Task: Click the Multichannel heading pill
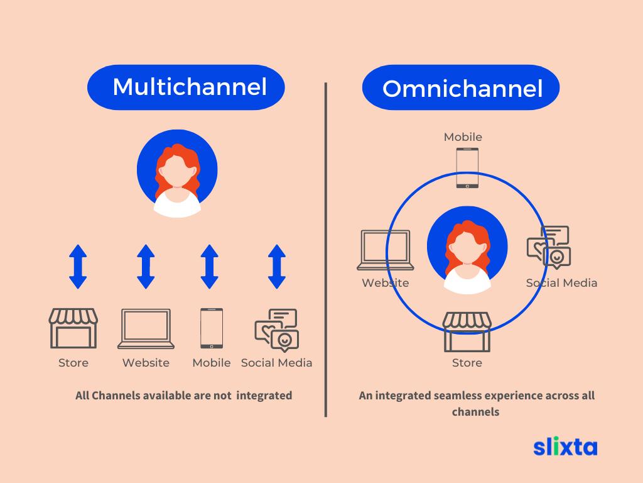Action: click(186, 87)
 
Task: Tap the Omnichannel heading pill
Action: click(461, 87)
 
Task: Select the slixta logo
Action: click(565, 447)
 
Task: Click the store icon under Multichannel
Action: click(73, 328)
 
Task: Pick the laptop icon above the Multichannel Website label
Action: click(146, 329)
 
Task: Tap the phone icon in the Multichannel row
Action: click(212, 328)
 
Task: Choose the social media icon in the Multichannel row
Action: click(277, 330)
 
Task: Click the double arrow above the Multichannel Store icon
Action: click(78, 267)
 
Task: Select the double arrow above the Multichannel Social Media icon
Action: click(277, 267)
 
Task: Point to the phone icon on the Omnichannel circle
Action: click(467, 168)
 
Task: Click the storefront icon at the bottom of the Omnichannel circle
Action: click(467, 332)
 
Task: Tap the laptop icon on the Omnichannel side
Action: click(386, 250)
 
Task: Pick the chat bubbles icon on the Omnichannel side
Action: click(549, 247)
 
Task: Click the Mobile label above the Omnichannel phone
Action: click(463, 136)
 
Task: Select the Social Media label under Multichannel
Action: click(277, 363)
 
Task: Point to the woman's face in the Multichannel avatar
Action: click(177, 171)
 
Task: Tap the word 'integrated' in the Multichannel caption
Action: click(264, 396)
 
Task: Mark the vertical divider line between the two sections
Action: click(326, 250)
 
